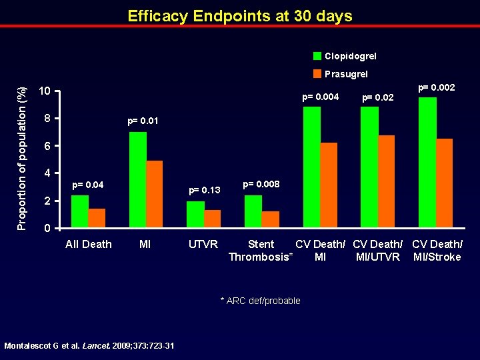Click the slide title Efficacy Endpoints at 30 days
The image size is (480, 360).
240,16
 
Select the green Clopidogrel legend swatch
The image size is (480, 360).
317,56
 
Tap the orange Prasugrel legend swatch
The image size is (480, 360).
317,74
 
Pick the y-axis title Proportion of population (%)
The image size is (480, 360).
22,159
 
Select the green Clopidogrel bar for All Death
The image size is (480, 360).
80,211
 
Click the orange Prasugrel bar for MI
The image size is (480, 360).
154,194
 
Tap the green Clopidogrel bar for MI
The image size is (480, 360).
138,180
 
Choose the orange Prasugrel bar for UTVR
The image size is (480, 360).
212,219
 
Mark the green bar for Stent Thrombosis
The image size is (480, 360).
253,211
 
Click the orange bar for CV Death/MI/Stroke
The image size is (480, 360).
444,183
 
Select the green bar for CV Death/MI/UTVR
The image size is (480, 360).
369,167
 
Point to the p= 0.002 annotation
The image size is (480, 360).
436,87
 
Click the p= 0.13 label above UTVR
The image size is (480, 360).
204,191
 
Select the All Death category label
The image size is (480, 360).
89,245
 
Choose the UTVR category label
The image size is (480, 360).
203,245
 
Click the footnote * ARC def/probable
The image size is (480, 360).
260,301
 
